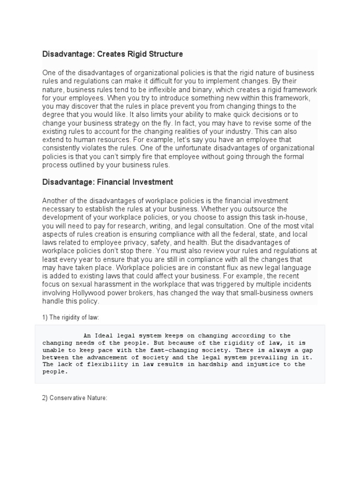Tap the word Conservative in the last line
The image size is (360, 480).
pos(69,398)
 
